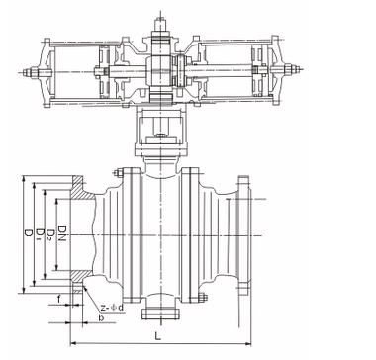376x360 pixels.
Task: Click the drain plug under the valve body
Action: click(157, 315)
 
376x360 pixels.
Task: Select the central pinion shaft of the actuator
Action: click(158, 74)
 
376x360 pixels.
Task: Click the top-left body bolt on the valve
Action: click(121, 175)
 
